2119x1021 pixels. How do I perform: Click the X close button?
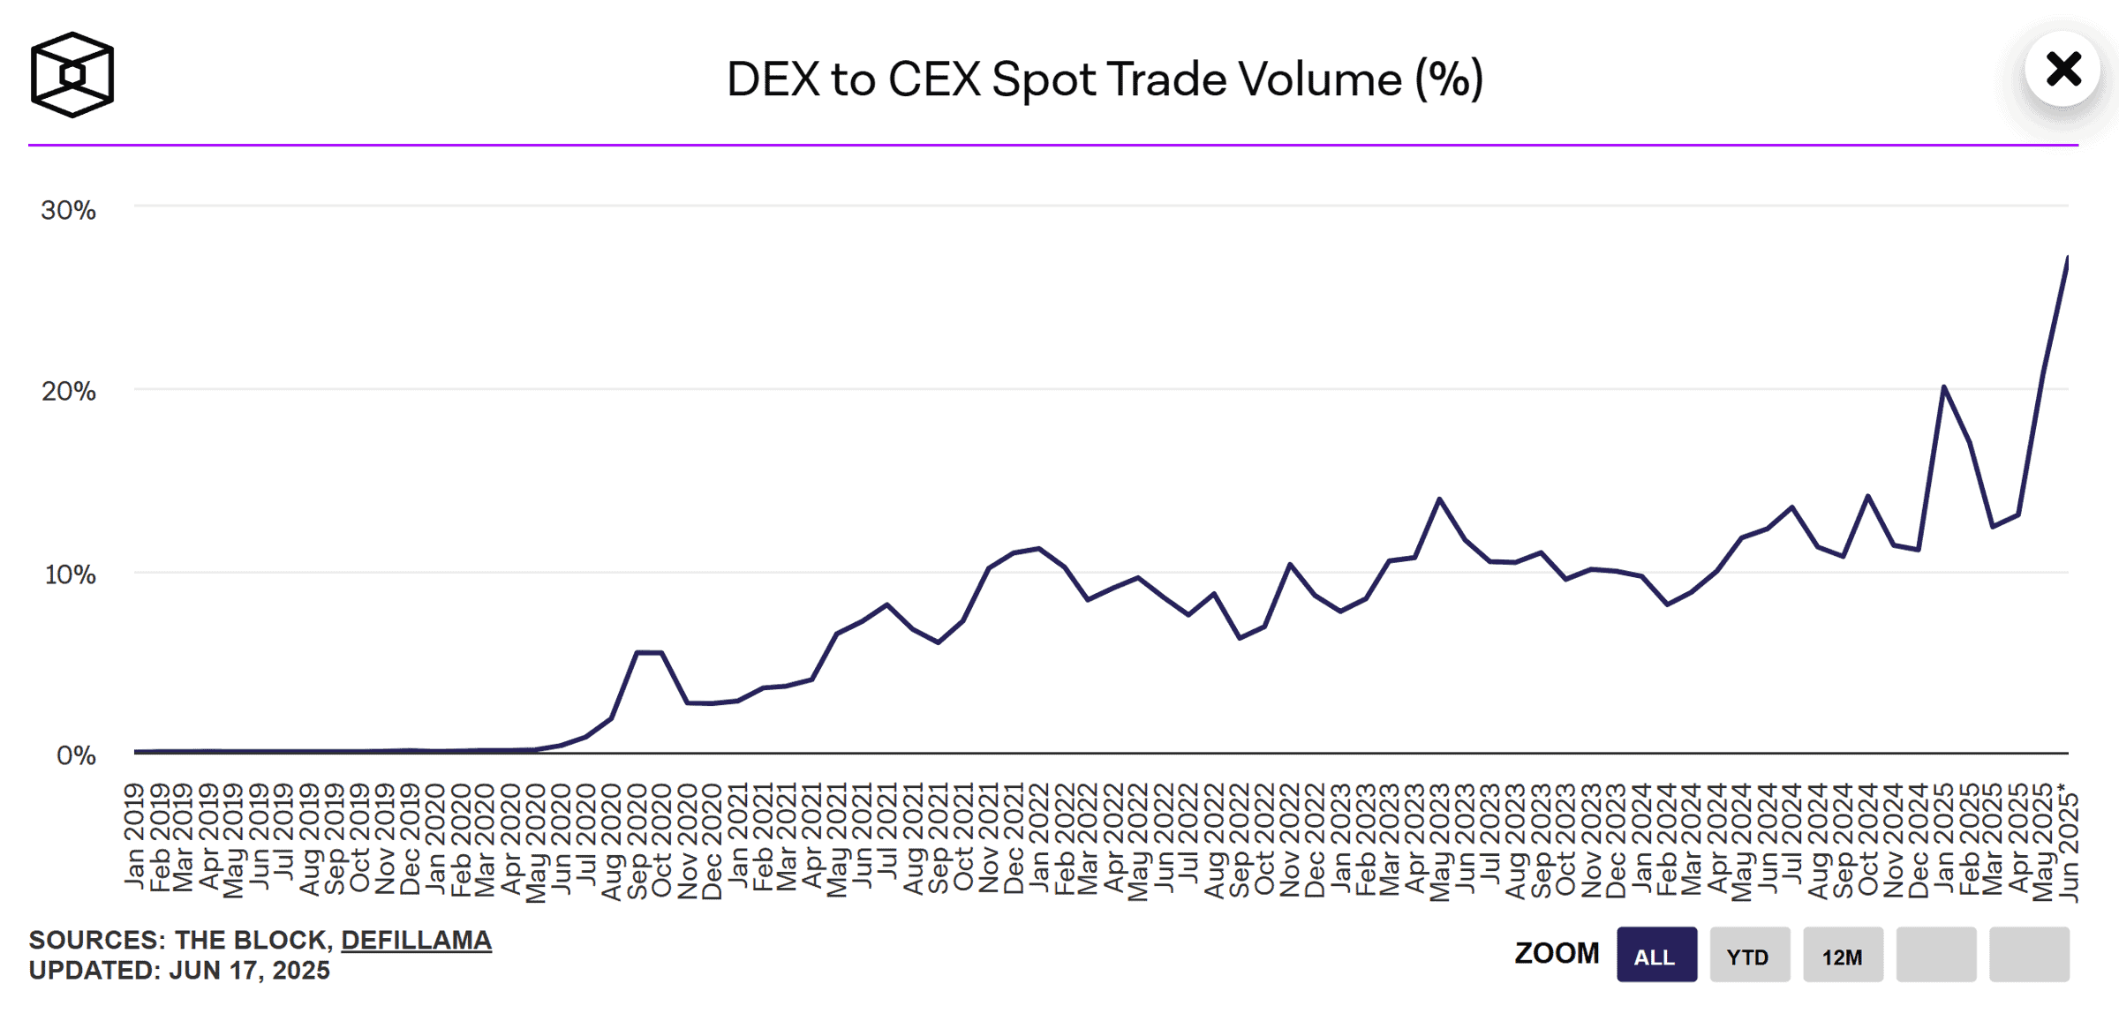pos(2062,70)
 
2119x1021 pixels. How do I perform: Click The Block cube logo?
pos(72,75)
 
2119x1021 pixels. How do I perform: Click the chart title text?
pos(1105,79)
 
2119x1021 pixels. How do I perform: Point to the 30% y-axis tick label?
pos(68,210)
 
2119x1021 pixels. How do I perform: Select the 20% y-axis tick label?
pos(68,391)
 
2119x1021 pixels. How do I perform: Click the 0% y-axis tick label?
pos(76,755)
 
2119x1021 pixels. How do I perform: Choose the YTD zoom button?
pos(1748,956)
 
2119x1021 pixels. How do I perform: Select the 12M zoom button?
pos(1842,956)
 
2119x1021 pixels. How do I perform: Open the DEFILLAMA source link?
pos(416,941)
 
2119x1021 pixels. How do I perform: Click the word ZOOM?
pos(1557,954)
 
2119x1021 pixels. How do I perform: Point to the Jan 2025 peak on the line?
pos(1943,387)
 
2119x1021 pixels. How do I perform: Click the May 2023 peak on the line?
pos(1440,499)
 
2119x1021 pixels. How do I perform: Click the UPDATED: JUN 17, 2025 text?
pos(179,971)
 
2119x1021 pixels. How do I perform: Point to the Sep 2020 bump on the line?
pos(637,652)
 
